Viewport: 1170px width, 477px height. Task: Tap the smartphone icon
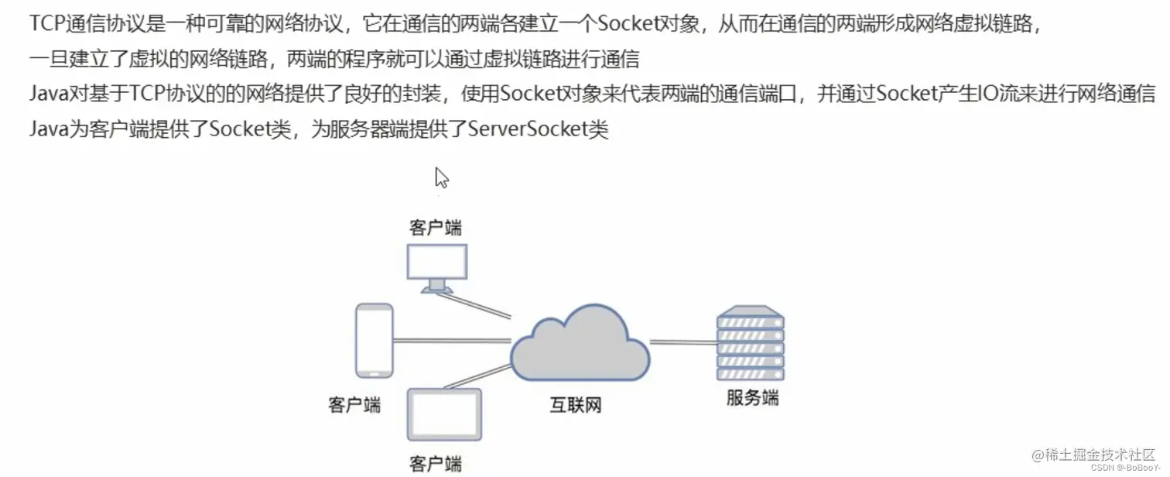(x=374, y=341)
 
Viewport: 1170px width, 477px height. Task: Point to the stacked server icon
(x=750, y=343)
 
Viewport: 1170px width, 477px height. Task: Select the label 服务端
(x=752, y=399)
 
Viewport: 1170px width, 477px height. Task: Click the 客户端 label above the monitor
(x=436, y=228)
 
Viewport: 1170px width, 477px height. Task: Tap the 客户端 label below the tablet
(x=436, y=464)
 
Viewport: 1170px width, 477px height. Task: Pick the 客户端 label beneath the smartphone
(x=355, y=405)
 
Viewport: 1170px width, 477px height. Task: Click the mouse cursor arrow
(x=441, y=177)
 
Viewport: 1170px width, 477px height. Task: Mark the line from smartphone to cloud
(x=451, y=340)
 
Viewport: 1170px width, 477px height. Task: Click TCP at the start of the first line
(x=48, y=23)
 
